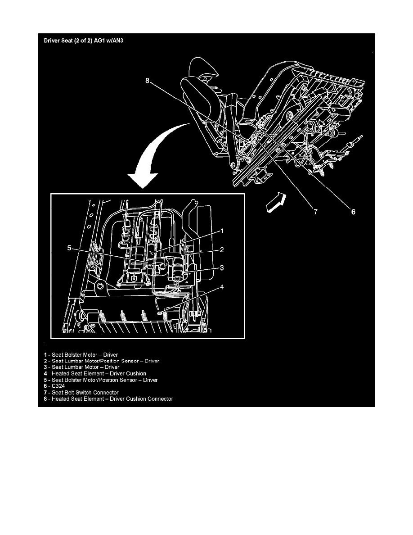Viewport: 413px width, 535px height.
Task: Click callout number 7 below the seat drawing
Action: point(315,212)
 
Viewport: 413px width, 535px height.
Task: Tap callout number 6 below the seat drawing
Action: point(353,212)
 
